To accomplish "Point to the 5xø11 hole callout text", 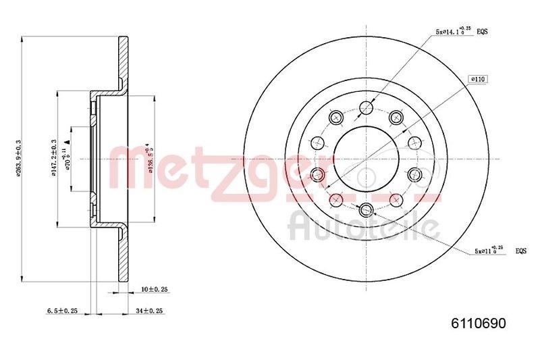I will point(489,251).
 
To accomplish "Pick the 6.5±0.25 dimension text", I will point(62,311).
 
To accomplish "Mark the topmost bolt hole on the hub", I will point(366,107).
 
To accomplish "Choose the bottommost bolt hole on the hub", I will point(366,209).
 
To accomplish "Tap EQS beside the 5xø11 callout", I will point(521,251).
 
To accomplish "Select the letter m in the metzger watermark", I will point(134,167).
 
